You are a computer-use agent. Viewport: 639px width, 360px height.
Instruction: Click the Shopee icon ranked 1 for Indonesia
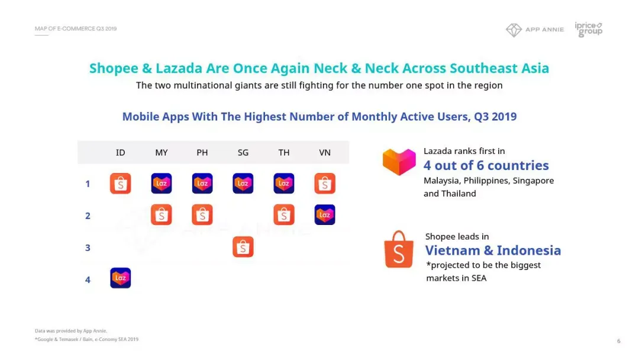[120, 184]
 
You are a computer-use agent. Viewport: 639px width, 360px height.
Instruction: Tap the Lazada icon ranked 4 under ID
[120, 278]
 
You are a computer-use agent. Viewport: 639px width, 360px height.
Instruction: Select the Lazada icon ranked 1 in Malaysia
[162, 184]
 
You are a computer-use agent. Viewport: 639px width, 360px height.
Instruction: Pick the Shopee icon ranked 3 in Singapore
[243, 247]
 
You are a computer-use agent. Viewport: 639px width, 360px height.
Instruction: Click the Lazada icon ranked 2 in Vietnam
[325, 215]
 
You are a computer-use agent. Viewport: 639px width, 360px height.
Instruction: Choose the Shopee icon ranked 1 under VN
[325, 184]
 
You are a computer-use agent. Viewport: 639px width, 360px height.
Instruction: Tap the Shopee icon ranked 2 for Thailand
[283, 215]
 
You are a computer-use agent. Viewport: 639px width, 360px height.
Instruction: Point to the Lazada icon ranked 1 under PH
[202, 184]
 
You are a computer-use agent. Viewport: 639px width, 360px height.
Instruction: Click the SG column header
[243, 153]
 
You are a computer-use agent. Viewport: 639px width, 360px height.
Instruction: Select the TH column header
[283, 153]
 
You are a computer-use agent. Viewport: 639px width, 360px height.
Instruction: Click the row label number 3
[88, 248]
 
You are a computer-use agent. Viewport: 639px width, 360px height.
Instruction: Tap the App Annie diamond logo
[514, 30]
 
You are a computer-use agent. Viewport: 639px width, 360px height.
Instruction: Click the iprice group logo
[589, 30]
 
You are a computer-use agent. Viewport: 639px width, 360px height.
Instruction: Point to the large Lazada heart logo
[399, 162]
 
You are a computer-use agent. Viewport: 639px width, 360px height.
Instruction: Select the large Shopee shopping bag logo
[399, 249]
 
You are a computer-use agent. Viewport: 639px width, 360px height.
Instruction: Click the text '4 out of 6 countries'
[486, 166]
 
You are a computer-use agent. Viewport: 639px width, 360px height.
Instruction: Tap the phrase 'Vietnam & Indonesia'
[493, 250]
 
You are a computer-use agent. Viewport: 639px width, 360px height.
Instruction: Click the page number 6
[619, 341]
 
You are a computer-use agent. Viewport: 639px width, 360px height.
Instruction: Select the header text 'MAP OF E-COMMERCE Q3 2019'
[76, 28]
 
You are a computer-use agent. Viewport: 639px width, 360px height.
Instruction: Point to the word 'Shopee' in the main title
[114, 68]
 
